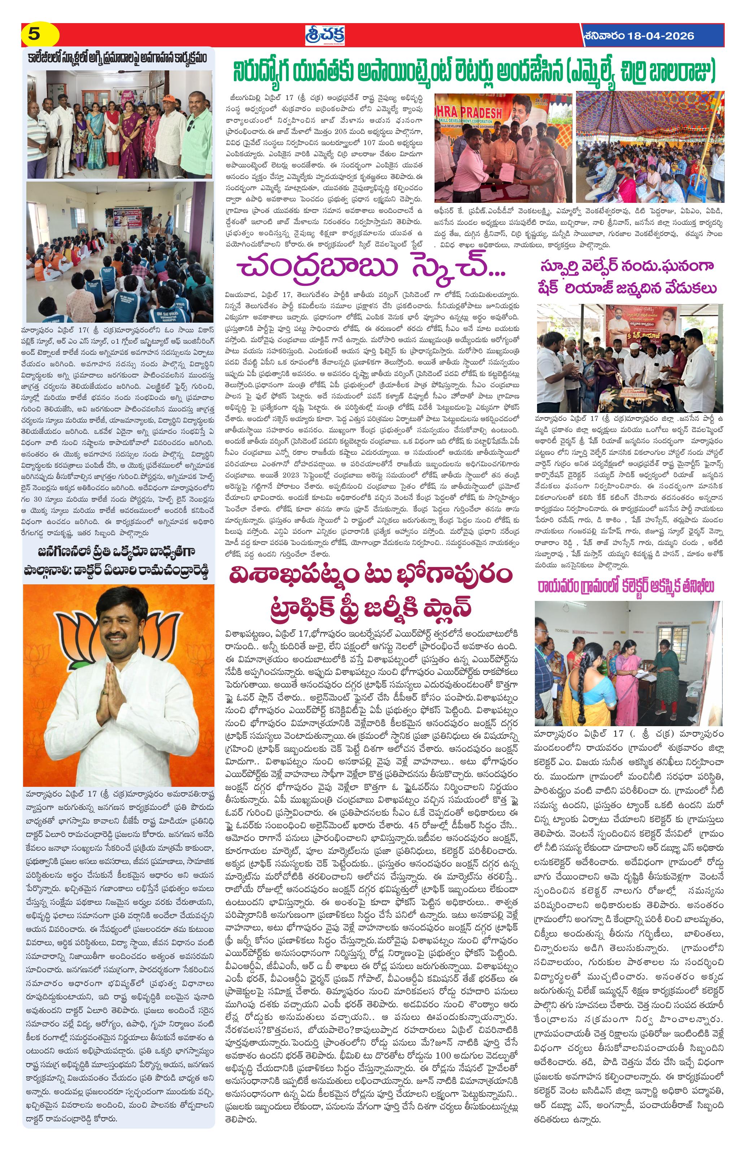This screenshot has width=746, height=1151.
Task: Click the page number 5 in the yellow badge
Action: click(34, 35)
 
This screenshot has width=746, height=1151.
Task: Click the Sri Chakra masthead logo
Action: click(324, 35)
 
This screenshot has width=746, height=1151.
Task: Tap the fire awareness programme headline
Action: click(118, 58)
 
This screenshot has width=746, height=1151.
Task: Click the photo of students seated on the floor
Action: click(119, 252)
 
